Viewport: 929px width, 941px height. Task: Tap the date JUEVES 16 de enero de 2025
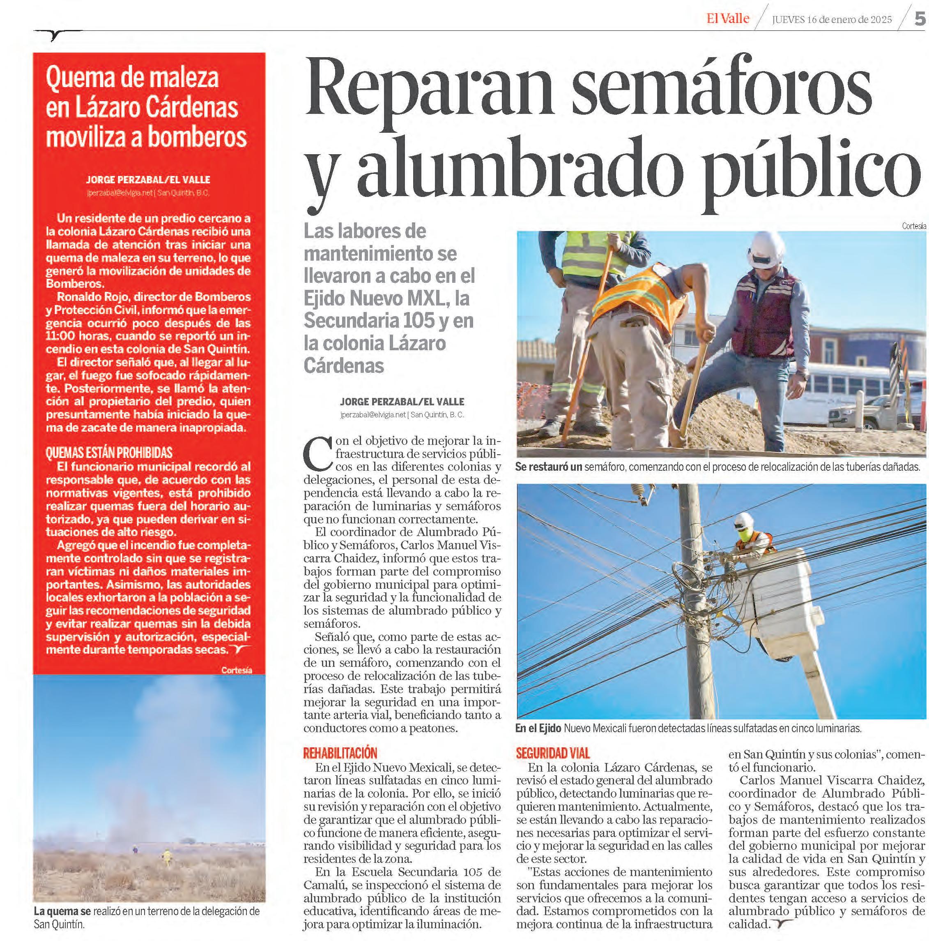tap(832, 19)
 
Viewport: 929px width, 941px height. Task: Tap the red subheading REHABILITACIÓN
tap(340, 752)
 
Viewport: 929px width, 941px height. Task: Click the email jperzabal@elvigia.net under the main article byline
tap(373, 415)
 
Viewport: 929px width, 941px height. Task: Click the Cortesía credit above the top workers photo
tap(913, 226)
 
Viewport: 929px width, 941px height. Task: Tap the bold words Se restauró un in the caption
tap(548, 467)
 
